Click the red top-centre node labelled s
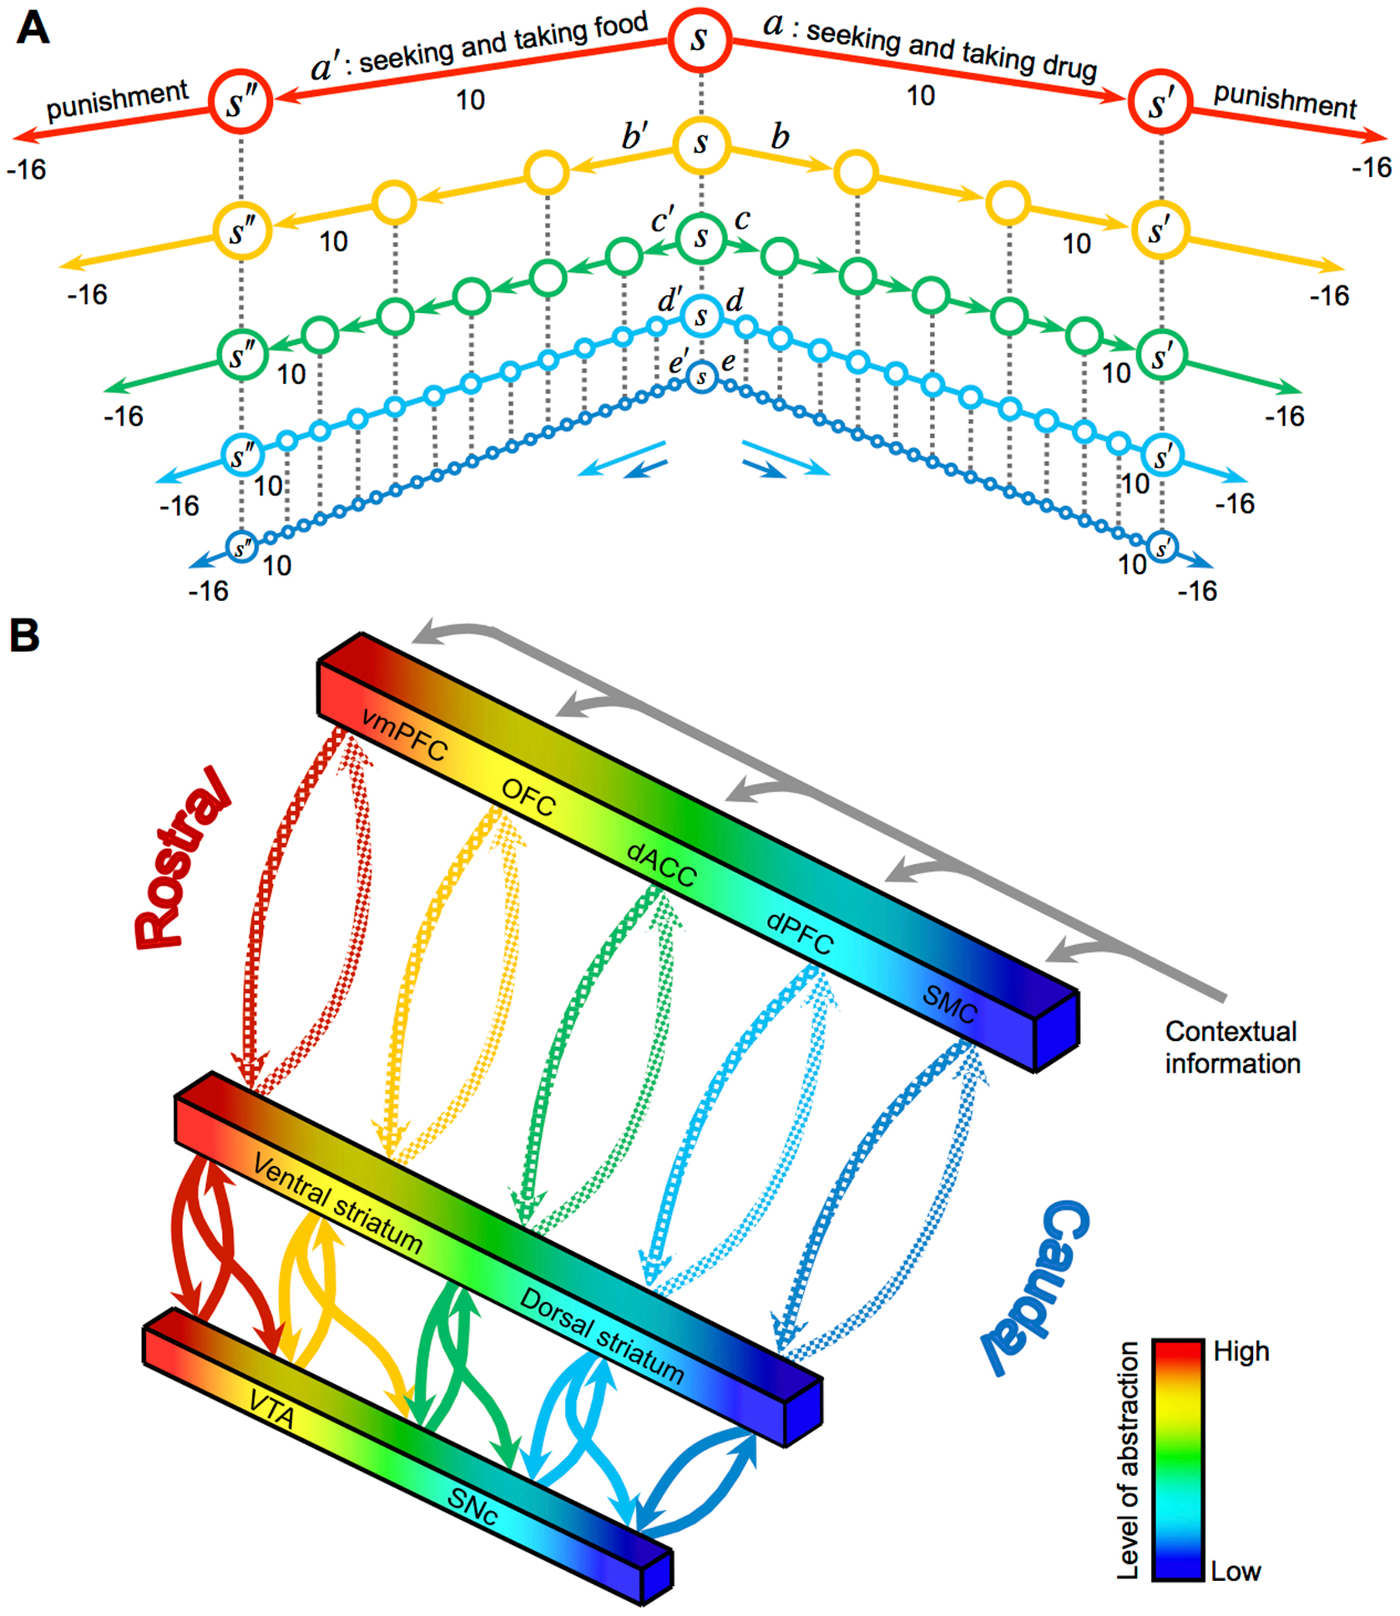coord(700,38)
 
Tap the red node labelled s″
coord(240,103)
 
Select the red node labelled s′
coord(1160,104)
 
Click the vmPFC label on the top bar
coord(404,735)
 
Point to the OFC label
coord(528,797)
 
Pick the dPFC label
coord(800,932)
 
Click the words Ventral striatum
coord(338,1204)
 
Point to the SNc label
coord(473,1505)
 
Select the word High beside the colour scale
coord(1241,1351)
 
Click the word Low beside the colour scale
coord(1236,1571)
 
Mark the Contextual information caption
coord(1232,1047)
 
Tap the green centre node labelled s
coord(701,238)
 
